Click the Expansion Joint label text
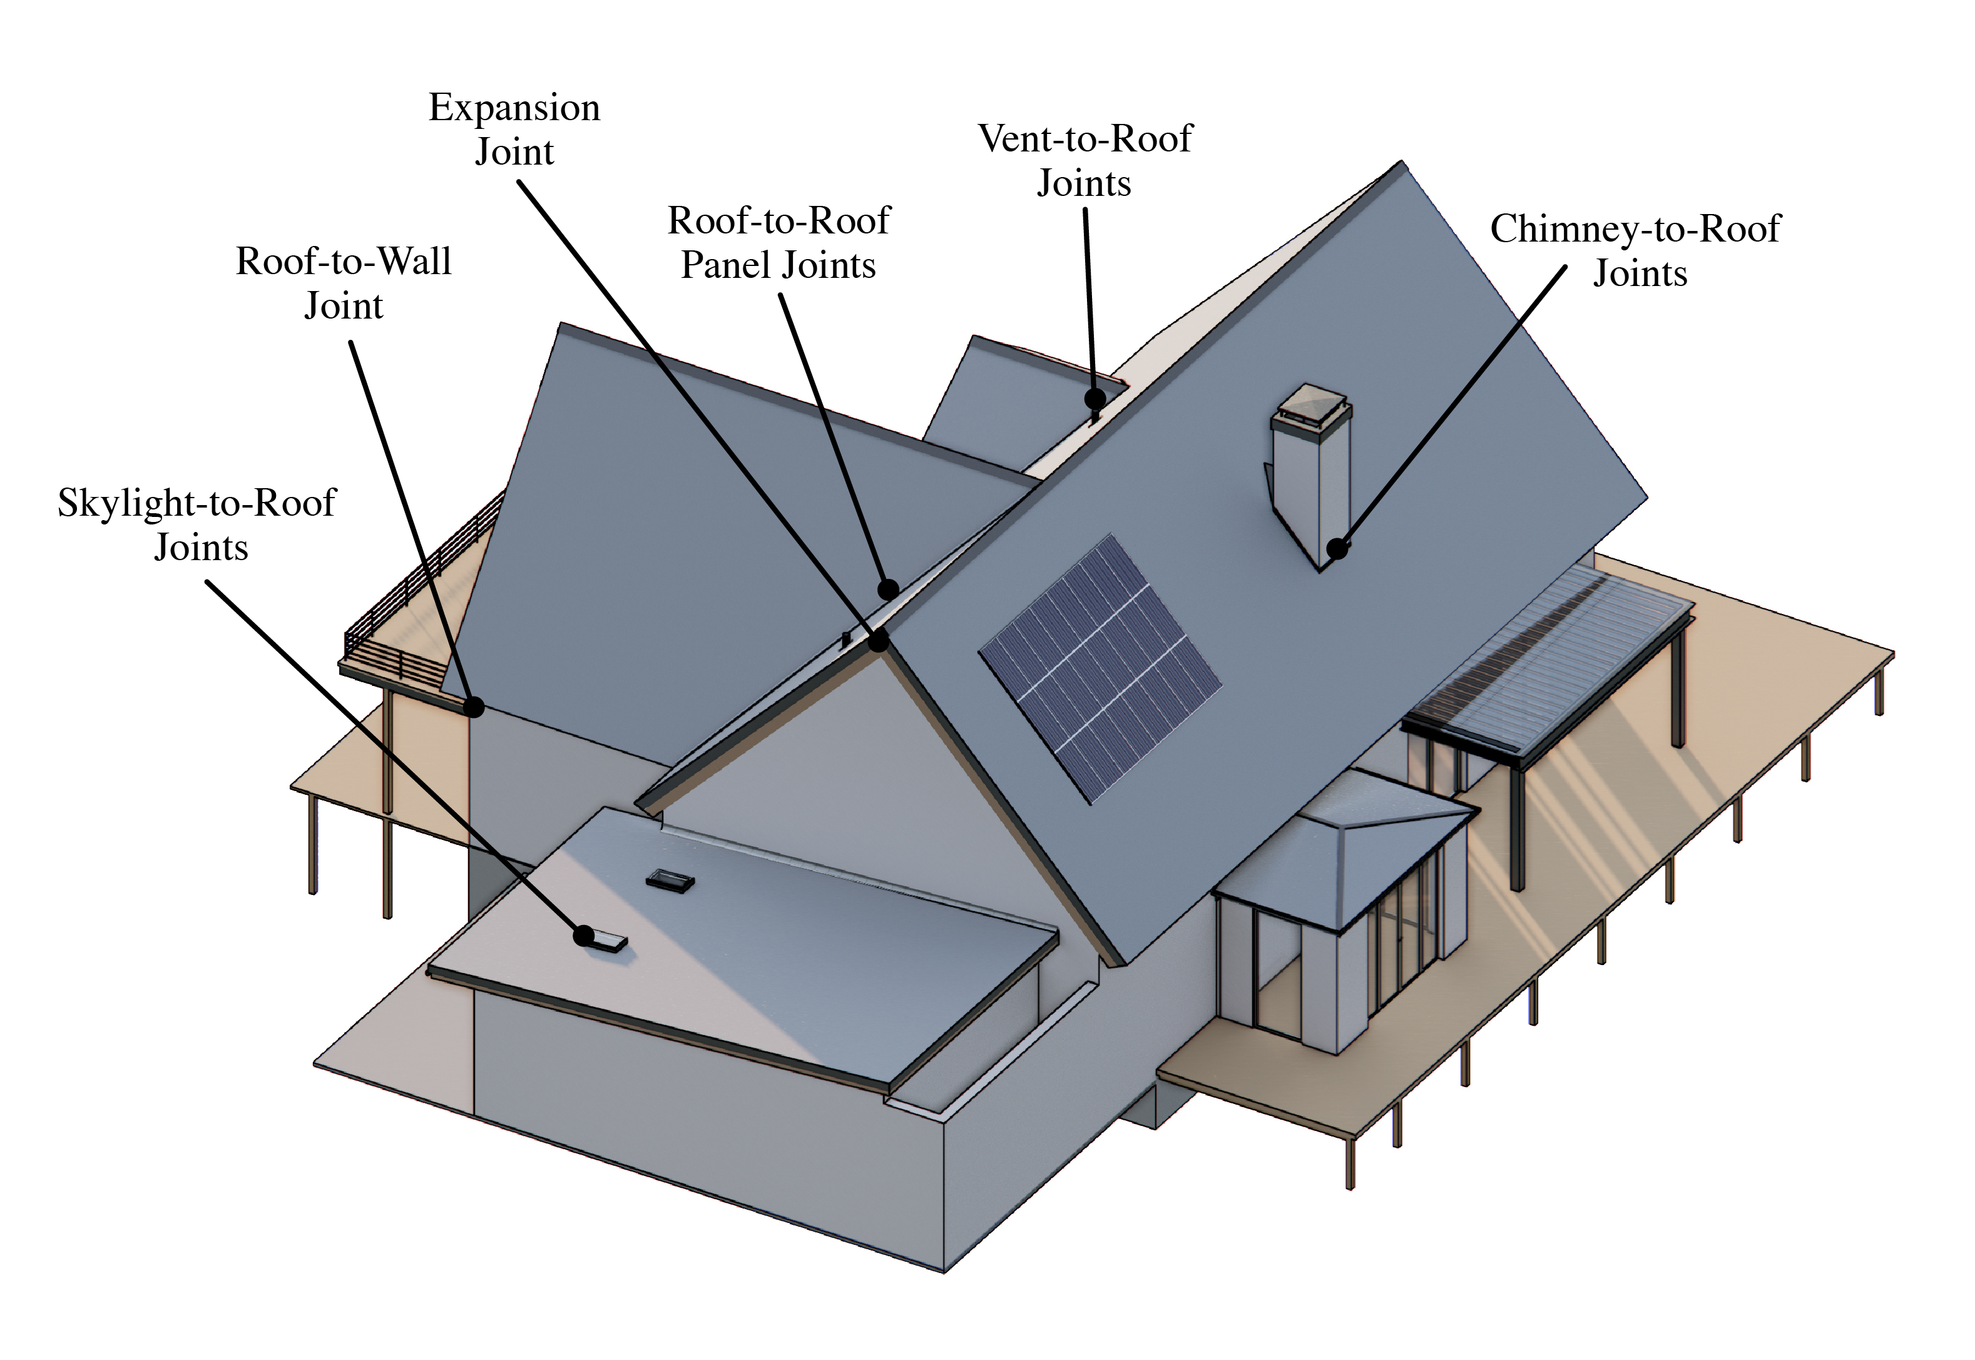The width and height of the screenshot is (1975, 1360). (514, 130)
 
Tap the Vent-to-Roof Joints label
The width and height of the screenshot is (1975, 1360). (1084, 161)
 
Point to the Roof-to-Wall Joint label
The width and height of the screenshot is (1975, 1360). (344, 283)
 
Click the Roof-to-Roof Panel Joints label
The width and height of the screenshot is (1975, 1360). (778, 243)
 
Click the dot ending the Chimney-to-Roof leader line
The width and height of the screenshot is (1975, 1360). (1338, 549)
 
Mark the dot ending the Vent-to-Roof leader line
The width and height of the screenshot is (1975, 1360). (1095, 398)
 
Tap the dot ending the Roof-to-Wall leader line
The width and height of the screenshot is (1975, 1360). (474, 707)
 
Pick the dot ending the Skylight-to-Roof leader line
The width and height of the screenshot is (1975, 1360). (584, 936)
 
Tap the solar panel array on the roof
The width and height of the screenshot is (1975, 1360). (1100, 667)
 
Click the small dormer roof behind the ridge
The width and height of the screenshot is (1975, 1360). (1006, 401)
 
